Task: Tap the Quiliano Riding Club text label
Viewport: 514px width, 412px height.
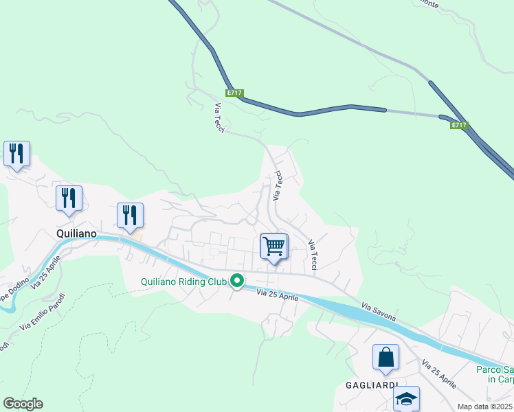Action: click(183, 282)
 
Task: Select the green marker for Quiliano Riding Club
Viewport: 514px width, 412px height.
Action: click(237, 281)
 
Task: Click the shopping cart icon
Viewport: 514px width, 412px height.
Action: click(274, 246)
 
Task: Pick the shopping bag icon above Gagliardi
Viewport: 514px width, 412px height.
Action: click(385, 357)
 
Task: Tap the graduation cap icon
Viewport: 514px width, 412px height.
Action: click(406, 399)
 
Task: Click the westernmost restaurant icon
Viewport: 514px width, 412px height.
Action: click(16, 154)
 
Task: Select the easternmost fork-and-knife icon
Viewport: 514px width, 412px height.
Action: click(130, 216)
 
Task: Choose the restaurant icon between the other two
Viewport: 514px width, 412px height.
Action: click(69, 198)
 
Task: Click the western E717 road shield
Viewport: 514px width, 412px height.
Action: click(234, 93)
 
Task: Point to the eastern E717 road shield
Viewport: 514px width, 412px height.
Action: click(460, 125)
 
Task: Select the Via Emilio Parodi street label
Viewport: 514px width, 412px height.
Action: click(43, 313)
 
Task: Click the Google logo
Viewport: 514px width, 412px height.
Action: click(23, 404)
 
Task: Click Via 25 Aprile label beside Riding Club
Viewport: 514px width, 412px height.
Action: click(278, 296)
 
